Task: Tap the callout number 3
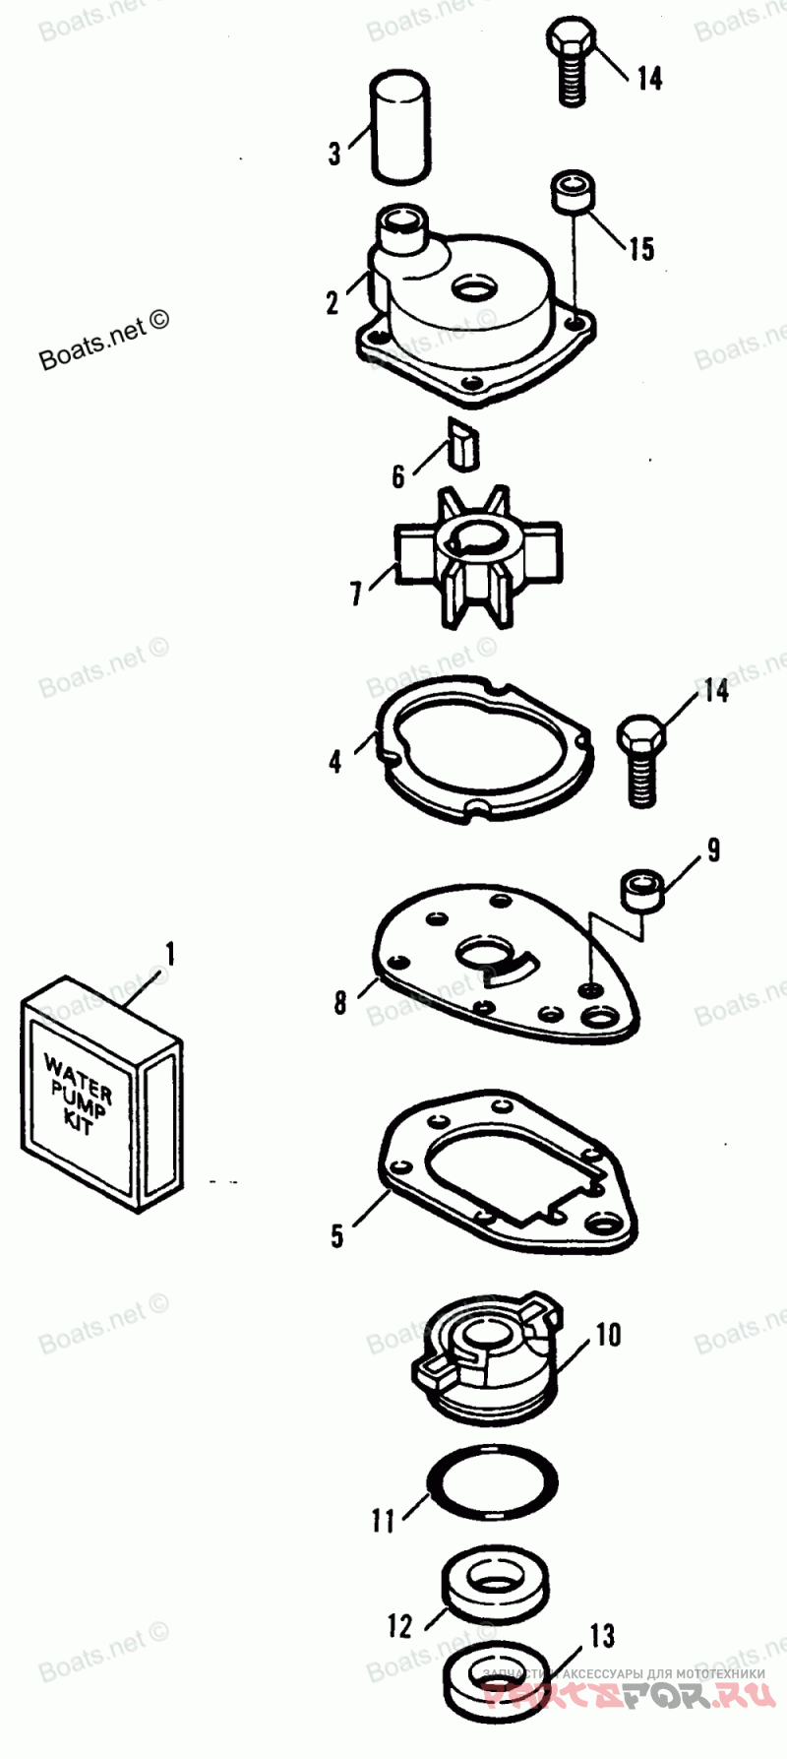(334, 153)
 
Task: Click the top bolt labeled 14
(571, 64)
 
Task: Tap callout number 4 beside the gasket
(335, 761)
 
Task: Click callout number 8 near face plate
(340, 1002)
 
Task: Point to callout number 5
(337, 1235)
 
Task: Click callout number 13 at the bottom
(602, 1635)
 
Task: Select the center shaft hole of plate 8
(483, 952)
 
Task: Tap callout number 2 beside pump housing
(333, 302)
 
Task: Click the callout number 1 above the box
(169, 954)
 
